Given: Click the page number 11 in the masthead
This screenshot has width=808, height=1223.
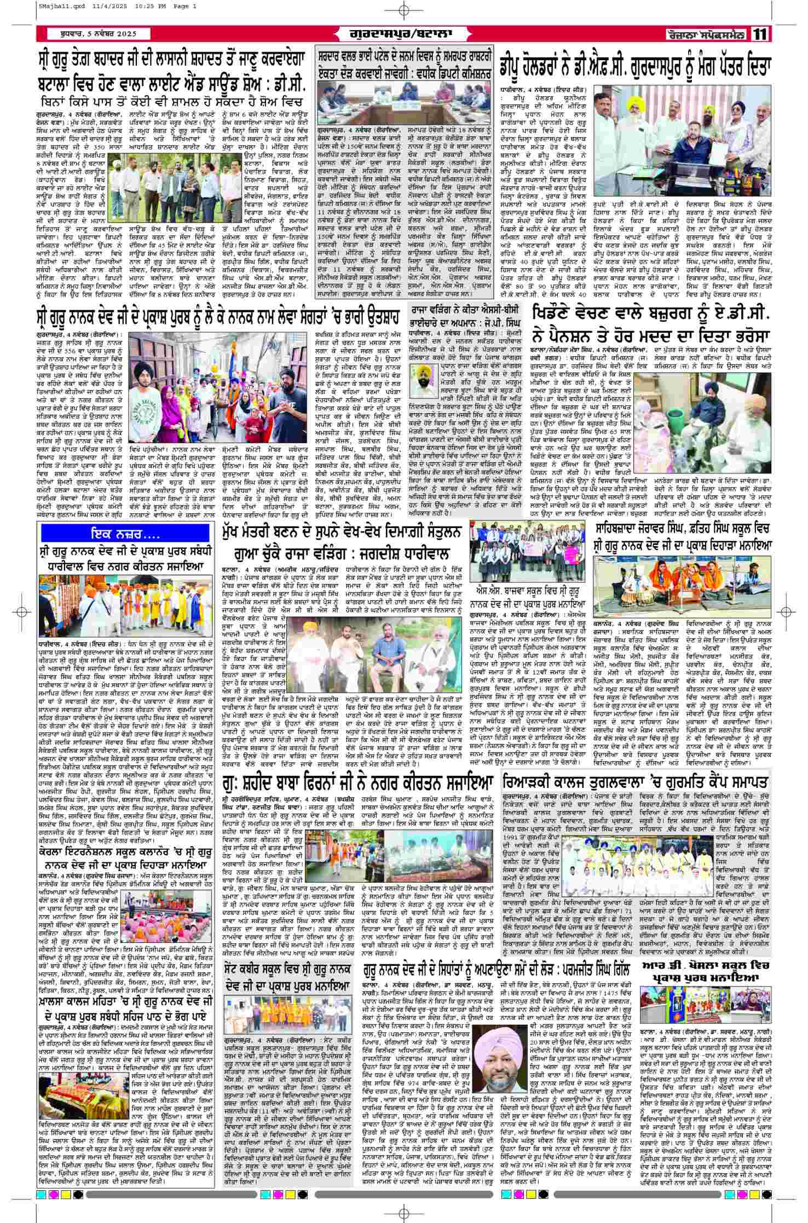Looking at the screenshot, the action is (760, 34).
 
